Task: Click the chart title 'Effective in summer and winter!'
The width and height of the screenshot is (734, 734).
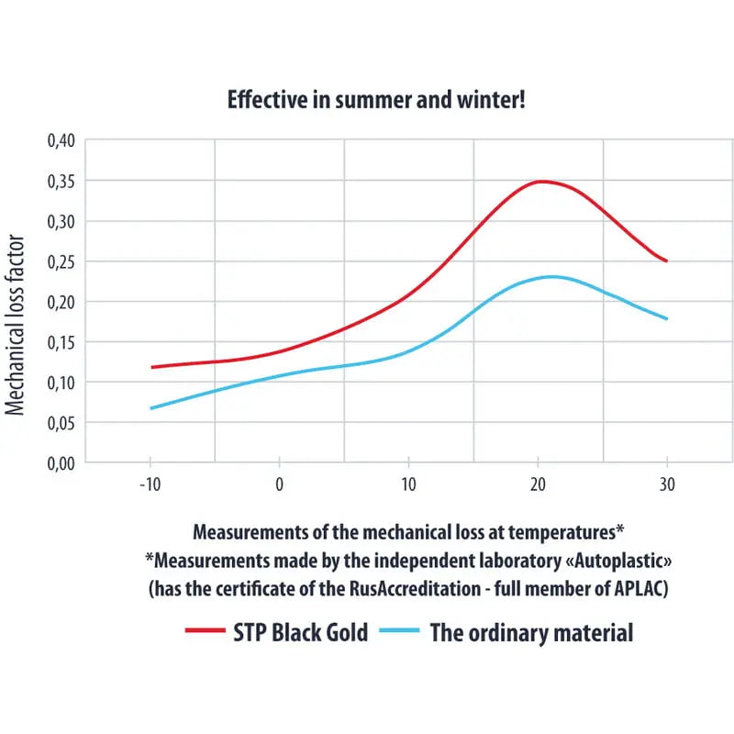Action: (376, 101)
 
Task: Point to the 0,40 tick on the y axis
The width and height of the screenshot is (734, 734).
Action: (61, 140)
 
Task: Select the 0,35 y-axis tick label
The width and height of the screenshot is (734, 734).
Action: (61, 181)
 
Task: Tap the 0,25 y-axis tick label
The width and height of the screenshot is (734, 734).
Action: (61, 261)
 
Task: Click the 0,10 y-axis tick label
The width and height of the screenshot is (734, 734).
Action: (61, 383)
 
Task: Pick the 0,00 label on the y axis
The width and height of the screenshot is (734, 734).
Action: (61, 463)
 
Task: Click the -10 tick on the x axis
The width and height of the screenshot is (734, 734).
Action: (149, 484)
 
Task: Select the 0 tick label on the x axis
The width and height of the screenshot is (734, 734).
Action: (279, 484)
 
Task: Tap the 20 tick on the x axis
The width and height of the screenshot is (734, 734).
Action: (538, 484)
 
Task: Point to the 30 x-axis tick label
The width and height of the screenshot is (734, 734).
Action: (667, 484)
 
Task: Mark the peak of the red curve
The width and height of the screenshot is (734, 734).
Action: (541, 182)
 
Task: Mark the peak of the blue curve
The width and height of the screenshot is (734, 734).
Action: (550, 276)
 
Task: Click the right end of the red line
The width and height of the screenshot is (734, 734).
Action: (667, 261)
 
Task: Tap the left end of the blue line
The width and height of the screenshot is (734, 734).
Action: (150, 408)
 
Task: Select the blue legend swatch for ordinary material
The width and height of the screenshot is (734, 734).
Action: (397, 631)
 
